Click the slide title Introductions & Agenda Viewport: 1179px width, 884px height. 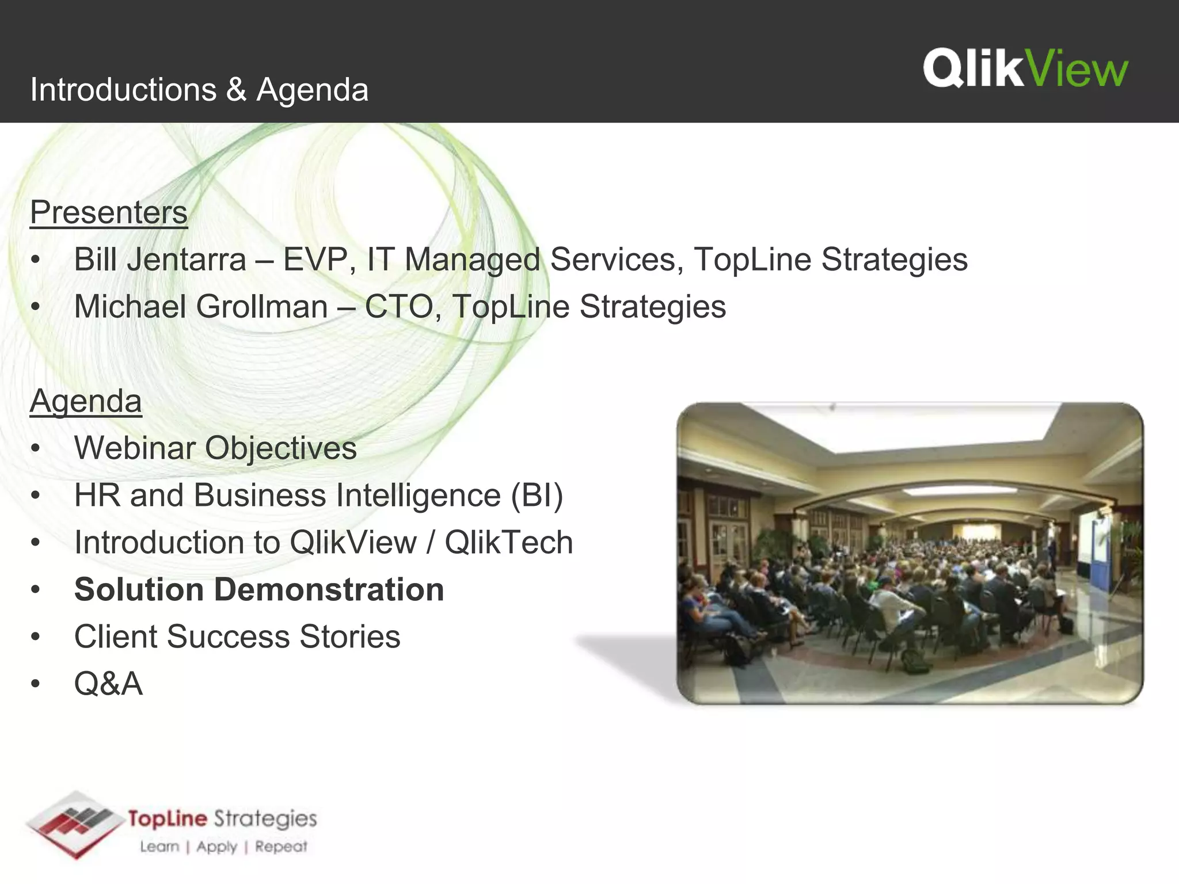(199, 90)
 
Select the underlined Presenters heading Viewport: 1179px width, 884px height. (109, 212)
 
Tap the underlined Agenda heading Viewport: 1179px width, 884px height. (86, 401)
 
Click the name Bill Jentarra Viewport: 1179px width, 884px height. (160, 260)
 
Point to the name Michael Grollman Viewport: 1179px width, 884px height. (201, 307)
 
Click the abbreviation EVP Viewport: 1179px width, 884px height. (315, 260)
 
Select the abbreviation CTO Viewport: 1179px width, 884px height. (399, 307)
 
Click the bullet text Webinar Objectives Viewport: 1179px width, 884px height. (215, 448)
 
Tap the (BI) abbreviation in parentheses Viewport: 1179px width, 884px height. (537, 496)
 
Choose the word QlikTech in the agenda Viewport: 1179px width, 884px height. (509, 543)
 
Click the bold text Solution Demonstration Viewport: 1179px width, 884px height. (259, 590)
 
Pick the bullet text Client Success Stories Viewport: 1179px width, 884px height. (237, 637)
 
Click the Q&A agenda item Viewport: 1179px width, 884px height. (108, 684)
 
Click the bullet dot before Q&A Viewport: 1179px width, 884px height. (36, 684)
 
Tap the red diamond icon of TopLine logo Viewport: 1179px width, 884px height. (75, 824)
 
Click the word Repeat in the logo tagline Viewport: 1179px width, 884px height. (281, 847)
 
